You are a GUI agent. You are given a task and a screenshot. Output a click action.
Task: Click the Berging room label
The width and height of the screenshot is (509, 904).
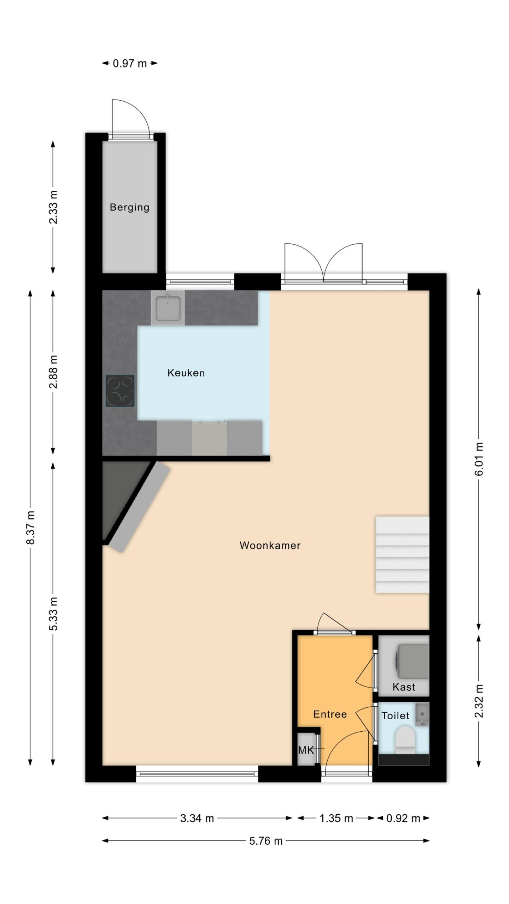click(x=129, y=207)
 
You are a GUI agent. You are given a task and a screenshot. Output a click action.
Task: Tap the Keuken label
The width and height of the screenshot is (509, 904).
click(x=186, y=373)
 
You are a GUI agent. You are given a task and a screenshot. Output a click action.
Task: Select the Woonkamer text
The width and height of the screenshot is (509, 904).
click(x=270, y=545)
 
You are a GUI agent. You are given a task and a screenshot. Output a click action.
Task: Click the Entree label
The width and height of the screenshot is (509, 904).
click(x=330, y=714)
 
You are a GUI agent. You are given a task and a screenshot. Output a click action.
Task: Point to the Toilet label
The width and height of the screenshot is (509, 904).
click(x=395, y=716)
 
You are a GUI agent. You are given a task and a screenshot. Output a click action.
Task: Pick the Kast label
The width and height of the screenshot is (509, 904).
click(x=404, y=687)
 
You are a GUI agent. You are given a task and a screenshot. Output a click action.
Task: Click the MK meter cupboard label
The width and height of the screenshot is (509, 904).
click(x=306, y=750)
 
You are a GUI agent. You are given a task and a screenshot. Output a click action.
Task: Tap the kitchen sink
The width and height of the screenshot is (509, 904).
click(x=168, y=308)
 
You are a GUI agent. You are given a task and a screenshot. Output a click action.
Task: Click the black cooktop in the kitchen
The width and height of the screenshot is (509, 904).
click(x=120, y=391)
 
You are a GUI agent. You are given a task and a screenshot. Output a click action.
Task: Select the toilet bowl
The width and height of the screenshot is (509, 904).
click(x=405, y=740)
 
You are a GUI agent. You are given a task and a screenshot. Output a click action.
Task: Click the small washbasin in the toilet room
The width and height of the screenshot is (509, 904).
click(x=422, y=714)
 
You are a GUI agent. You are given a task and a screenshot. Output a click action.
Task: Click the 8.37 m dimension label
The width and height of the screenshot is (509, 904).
click(x=30, y=528)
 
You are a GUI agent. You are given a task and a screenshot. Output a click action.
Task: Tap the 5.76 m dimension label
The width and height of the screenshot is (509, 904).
click(x=266, y=841)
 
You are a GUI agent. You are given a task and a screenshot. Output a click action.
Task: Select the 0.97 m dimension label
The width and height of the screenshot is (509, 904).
click(x=129, y=64)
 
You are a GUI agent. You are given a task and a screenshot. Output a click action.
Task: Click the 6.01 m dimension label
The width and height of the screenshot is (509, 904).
click(x=479, y=459)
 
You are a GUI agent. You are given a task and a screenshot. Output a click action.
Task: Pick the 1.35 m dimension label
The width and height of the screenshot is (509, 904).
click(x=336, y=818)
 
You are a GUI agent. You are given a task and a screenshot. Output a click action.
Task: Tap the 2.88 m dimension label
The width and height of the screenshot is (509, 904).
click(x=53, y=371)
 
